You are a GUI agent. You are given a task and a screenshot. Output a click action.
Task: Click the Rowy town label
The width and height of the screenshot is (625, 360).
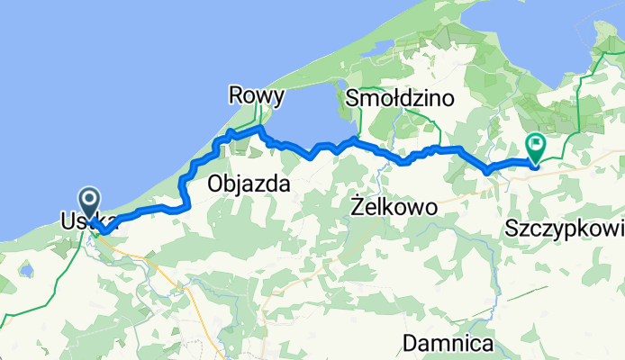(x=257, y=95)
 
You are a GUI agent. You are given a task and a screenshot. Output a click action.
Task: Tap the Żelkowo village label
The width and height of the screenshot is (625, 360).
(x=392, y=207)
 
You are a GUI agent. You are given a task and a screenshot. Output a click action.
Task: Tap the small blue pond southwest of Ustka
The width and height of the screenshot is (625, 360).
(x=26, y=269)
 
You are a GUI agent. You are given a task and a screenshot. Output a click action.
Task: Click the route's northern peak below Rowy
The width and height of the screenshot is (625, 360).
(x=260, y=130)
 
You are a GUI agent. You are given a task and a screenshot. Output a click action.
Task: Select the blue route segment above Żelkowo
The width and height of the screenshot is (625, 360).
(x=396, y=158)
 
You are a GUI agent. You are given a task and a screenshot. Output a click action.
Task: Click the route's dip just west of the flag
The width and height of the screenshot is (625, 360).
(x=486, y=170)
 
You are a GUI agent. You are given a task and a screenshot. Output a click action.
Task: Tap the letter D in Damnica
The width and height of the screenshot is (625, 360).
(x=411, y=343)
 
